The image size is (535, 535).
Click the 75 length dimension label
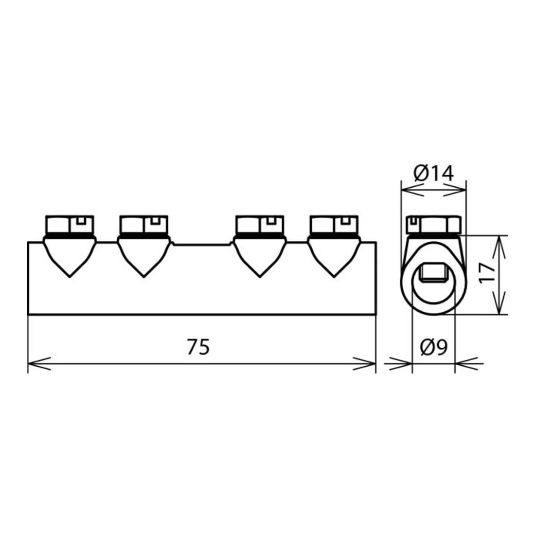pyautogui.click(x=198, y=347)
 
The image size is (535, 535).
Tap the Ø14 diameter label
pyautogui.click(x=434, y=173)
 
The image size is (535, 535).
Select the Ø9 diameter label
pyautogui.click(x=434, y=347)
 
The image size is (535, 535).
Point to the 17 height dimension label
pyautogui.click(x=487, y=272)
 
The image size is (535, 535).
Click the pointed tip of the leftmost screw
pyautogui.click(x=70, y=277)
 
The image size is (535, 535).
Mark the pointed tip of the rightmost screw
pyautogui.click(x=334, y=277)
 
